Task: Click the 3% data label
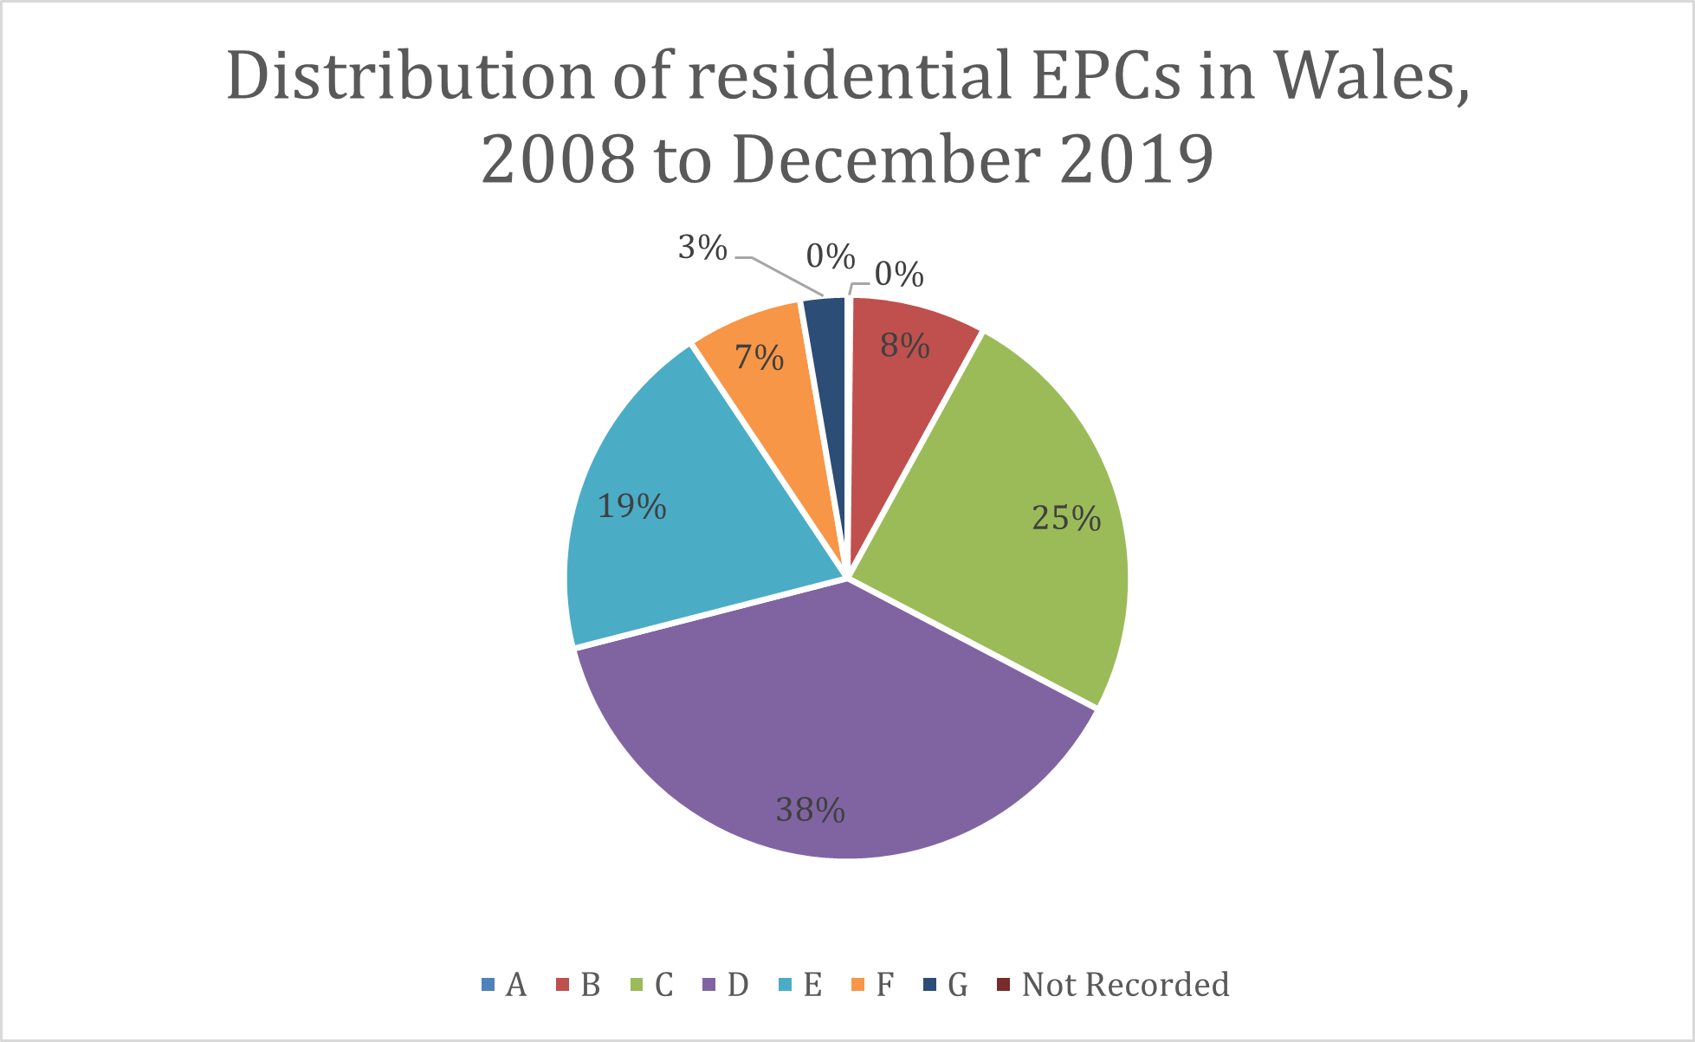click(702, 249)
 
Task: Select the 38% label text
click(810, 811)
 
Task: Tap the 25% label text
click(1066, 518)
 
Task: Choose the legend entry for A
click(504, 985)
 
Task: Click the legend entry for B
click(579, 985)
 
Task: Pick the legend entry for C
click(652, 985)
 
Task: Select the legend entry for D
click(726, 985)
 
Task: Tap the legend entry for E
click(800, 985)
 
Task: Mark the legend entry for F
click(873, 985)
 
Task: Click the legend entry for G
click(946, 985)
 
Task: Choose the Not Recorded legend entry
click(1114, 985)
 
